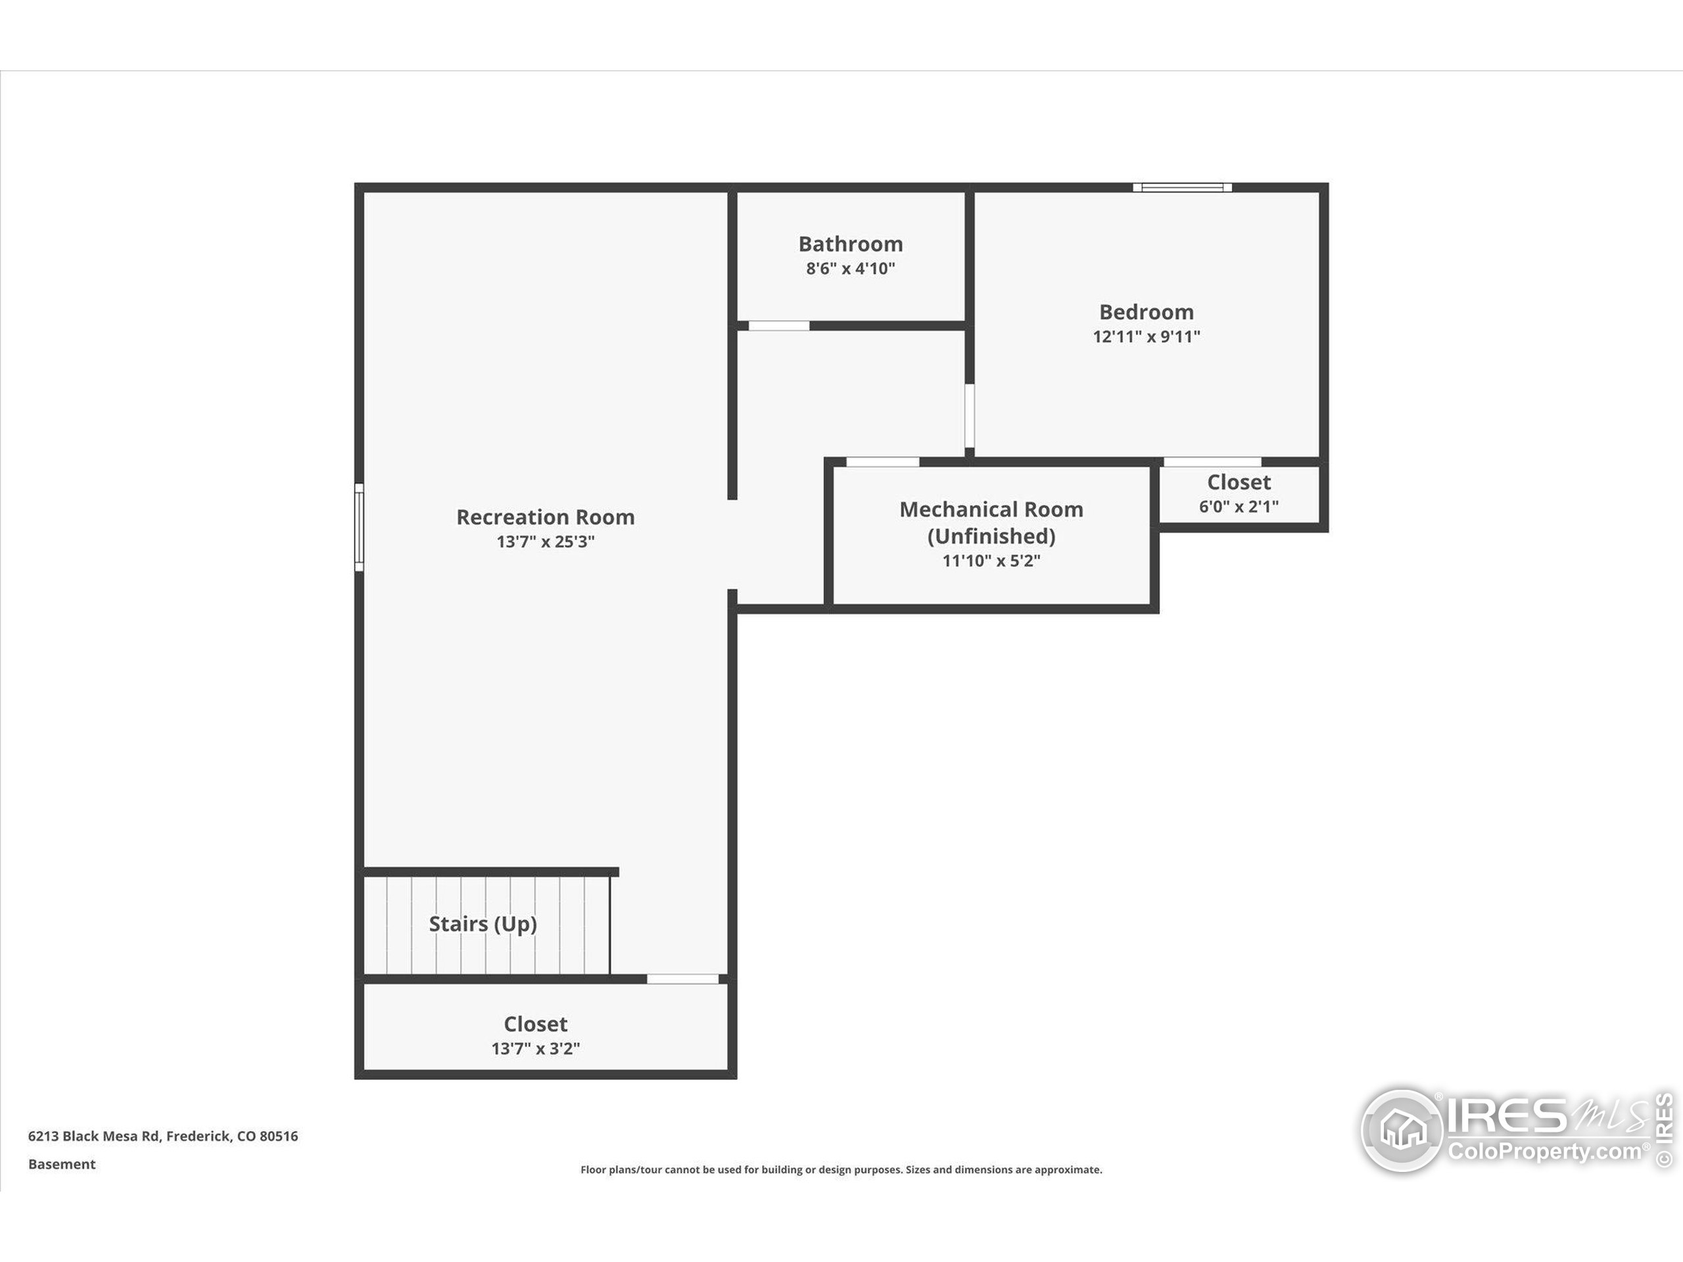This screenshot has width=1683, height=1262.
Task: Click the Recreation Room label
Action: click(546, 517)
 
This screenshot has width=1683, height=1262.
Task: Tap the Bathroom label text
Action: click(851, 245)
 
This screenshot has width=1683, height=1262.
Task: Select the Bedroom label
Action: click(1147, 312)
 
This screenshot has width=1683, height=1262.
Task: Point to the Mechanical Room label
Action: click(991, 523)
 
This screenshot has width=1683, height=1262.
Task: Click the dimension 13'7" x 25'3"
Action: click(546, 542)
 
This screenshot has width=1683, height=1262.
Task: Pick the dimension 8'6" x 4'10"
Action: click(851, 269)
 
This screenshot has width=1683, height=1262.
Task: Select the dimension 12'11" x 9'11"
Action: click(1147, 337)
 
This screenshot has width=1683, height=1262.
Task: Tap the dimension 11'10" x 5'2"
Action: click(991, 561)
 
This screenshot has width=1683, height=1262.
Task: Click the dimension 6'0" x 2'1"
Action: click(1239, 507)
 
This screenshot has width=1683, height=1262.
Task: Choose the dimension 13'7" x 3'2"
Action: click(536, 1048)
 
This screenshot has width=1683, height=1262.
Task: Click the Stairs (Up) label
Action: click(483, 924)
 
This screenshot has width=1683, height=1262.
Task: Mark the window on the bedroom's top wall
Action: click(1182, 187)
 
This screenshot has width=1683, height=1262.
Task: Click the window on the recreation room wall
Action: click(359, 526)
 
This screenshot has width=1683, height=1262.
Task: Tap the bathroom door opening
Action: click(779, 325)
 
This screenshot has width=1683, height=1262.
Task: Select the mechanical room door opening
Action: click(882, 461)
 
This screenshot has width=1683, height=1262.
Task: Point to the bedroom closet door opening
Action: click(1213, 461)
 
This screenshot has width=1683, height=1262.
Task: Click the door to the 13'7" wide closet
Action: click(682, 979)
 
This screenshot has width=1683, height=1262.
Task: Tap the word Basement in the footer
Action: click(62, 1164)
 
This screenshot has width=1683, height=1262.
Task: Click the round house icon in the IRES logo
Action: click(1402, 1130)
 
